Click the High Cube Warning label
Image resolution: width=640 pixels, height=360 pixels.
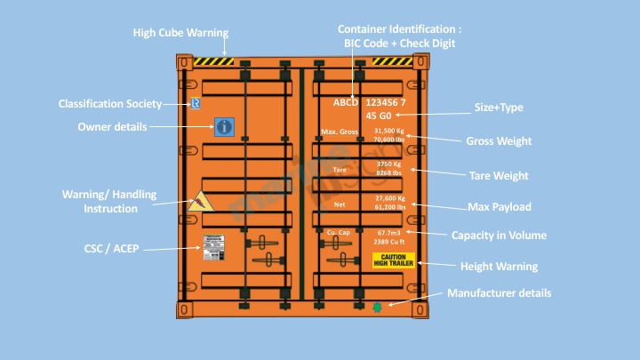tap(180, 33)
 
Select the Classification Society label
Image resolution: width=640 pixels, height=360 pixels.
tap(110, 104)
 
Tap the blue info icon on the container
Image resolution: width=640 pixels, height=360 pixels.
tap(224, 127)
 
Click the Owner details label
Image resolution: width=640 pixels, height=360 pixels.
tap(112, 127)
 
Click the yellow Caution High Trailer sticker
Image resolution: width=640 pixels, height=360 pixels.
tap(393, 260)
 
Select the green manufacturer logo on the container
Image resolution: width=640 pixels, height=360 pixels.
tap(378, 307)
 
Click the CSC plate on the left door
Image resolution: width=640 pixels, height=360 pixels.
tap(214, 248)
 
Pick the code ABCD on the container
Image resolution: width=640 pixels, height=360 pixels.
tap(345, 102)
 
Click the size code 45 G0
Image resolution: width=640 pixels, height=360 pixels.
tap(379, 116)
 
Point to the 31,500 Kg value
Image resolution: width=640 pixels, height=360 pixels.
tap(389, 131)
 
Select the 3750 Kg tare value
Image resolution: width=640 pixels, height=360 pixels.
tap(389, 164)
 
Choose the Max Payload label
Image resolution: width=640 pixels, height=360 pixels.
tap(500, 207)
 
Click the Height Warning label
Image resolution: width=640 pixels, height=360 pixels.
tap(499, 266)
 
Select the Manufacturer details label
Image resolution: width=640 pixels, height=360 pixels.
tap(499, 292)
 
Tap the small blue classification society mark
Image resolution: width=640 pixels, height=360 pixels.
tap(196, 104)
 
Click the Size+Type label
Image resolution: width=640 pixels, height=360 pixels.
tap(499, 108)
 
